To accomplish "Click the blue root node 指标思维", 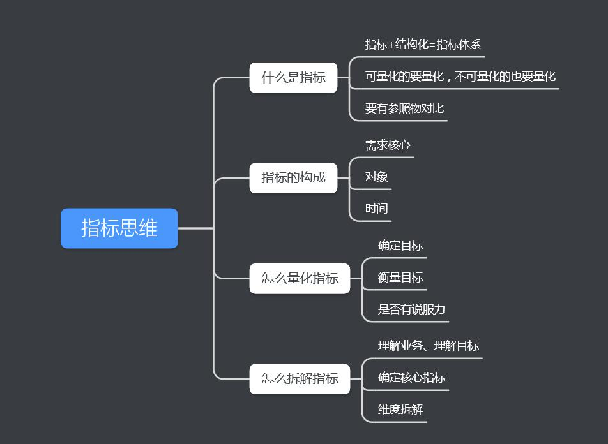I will pyautogui.click(x=119, y=228).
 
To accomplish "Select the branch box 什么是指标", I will pyautogui.click(x=293, y=78).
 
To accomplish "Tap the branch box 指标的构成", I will pyautogui.click(x=293, y=177).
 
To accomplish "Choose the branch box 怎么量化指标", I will pyautogui.click(x=300, y=278).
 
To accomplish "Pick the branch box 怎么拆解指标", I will pyautogui.click(x=300, y=378).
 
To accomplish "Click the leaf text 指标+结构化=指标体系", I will pyautogui.click(x=423, y=44).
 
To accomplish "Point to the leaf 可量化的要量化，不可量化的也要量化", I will pyautogui.click(x=460, y=77).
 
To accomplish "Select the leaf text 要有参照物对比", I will pyautogui.click(x=404, y=108).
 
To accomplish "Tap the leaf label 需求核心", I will pyautogui.click(x=388, y=145).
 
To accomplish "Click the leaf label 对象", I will pyautogui.click(x=377, y=177).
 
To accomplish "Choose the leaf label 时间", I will pyautogui.click(x=377, y=209).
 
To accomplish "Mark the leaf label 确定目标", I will pyautogui.click(x=400, y=246).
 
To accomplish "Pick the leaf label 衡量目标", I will pyautogui.click(x=400, y=277).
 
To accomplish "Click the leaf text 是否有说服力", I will pyautogui.click(x=411, y=309).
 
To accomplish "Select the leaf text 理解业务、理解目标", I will pyautogui.click(x=428, y=346).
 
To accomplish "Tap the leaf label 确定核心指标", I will pyautogui.click(x=411, y=377).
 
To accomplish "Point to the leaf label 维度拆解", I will pyautogui.click(x=400, y=409).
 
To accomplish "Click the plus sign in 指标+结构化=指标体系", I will pyautogui.click(x=391, y=45).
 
